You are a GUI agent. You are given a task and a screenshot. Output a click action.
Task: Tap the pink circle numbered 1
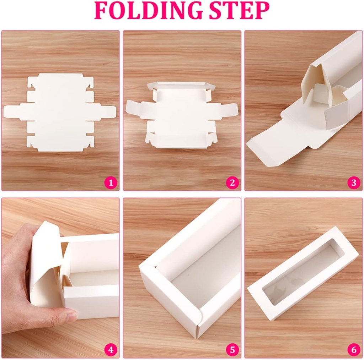pyautogui.click(x=111, y=183)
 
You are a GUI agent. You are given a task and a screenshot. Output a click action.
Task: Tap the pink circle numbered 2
pyautogui.click(x=232, y=183)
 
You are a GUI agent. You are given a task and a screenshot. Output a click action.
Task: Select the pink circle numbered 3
pyautogui.click(x=353, y=183)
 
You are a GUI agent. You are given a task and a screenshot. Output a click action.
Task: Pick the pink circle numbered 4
pyautogui.click(x=111, y=350)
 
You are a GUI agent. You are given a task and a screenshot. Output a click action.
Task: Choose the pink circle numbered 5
pyautogui.click(x=232, y=350)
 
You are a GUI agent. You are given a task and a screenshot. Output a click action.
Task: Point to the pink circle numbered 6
pyautogui.click(x=353, y=350)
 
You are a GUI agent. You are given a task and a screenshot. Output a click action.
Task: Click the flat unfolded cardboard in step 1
pyautogui.click(x=60, y=112)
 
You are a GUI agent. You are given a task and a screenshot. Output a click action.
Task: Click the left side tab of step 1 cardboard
pyautogui.click(x=12, y=111)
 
